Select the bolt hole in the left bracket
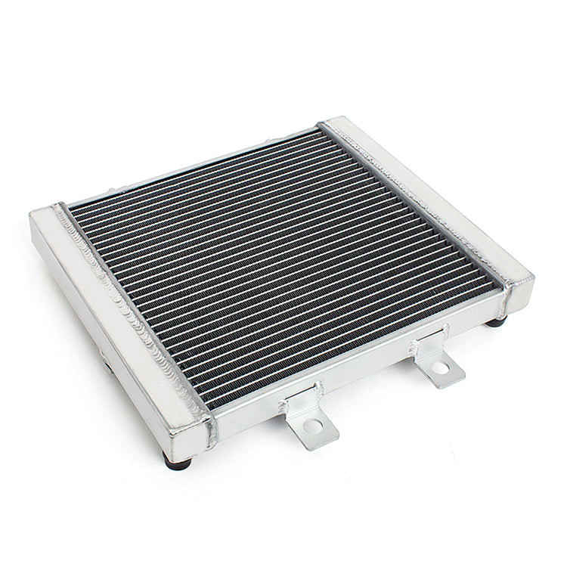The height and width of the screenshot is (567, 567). click(x=313, y=426)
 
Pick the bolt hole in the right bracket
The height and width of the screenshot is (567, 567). click(x=440, y=368)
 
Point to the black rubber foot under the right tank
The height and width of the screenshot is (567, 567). click(x=497, y=321)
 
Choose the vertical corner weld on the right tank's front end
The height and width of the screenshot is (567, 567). click(x=505, y=299)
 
